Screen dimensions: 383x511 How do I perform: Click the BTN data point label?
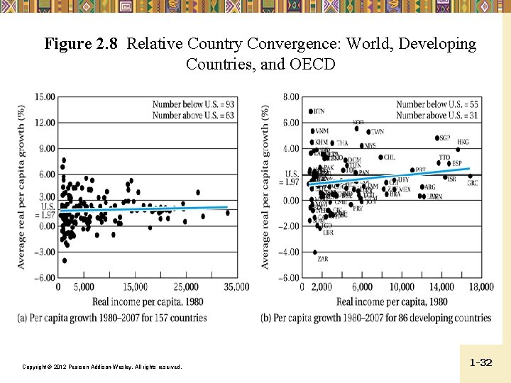319,111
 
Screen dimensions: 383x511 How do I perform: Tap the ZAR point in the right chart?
315,252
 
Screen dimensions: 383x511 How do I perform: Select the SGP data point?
437,138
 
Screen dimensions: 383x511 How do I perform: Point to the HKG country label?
463,143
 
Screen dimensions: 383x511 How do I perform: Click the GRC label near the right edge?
473,183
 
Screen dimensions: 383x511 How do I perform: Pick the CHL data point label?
389,157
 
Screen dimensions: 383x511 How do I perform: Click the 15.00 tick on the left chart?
45,96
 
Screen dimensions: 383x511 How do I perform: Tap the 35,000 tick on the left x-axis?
236,287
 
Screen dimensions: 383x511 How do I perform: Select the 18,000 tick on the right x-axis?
482,287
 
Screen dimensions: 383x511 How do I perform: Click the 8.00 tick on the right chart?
290,96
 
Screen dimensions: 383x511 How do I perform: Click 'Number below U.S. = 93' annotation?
193,104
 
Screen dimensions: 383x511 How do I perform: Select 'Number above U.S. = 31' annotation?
436,115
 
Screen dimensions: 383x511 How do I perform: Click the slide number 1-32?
480,362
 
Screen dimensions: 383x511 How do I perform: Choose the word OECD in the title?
312,64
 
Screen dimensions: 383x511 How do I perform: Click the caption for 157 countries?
112,318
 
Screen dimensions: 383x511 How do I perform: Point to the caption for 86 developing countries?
375,318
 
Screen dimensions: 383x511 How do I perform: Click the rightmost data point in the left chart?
228,212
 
